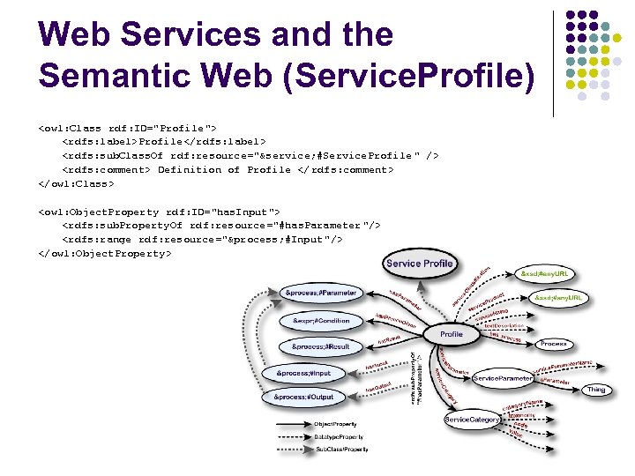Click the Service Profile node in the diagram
(x=419, y=263)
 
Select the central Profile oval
(x=452, y=334)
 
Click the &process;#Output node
(x=303, y=398)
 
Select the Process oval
(x=553, y=344)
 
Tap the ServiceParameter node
(x=503, y=378)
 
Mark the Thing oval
(x=596, y=390)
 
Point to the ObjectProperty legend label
(x=336, y=425)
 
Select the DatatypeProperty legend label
(x=338, y=437)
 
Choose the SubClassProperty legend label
(x=341, y=450)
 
